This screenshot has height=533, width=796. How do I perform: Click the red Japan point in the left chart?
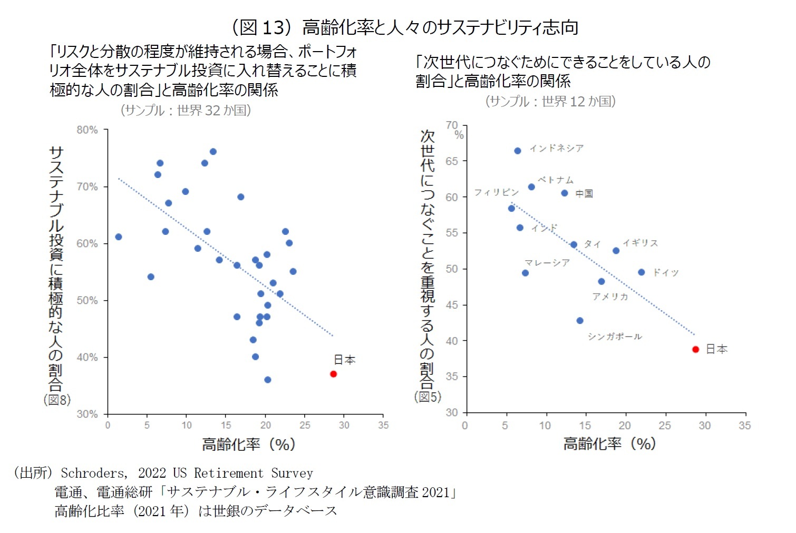[333, 374]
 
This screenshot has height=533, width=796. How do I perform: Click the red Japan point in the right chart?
[695, 350]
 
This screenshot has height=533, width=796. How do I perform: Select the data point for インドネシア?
[518, 151]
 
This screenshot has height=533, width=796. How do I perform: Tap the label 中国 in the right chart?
[584, 194]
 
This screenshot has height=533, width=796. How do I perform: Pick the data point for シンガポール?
[580, 321]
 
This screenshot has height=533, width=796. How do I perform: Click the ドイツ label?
[666, 272]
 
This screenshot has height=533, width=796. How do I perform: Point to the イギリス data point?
[616, 251]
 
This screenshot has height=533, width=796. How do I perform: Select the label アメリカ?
[610, 297]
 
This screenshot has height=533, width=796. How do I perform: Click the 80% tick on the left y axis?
[88, 130]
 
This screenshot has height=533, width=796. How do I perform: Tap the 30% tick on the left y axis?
[88, 414]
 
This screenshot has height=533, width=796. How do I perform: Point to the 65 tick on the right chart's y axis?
[452, 161]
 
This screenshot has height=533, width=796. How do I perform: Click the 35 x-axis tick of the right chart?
[744, 426]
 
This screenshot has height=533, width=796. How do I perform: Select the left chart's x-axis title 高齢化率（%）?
[248, 445]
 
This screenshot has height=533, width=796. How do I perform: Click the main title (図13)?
[405, 27]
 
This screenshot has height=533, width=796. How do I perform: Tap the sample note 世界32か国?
[186, 110]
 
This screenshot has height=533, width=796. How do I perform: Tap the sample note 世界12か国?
[550, 101]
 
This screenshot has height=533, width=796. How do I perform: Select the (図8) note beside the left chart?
[57, 400]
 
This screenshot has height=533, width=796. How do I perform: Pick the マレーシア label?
[547, 262]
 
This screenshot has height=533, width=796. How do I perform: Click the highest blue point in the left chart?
[213, 152]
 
